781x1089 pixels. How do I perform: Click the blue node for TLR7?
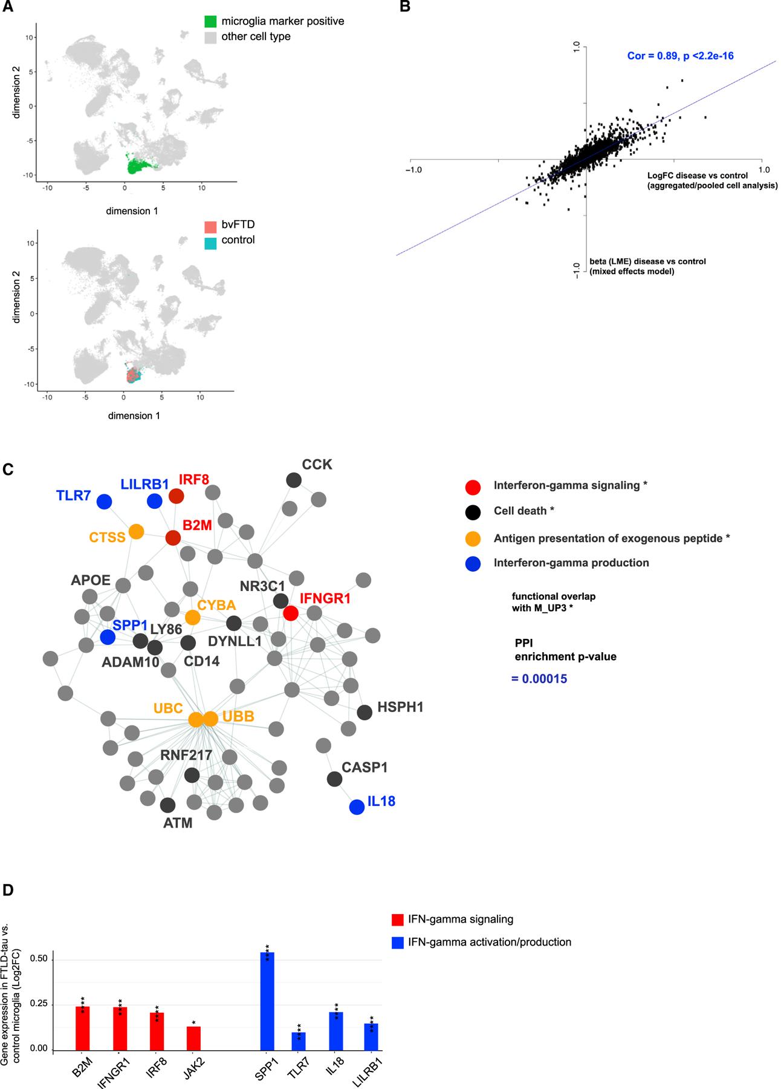tap(104, 502)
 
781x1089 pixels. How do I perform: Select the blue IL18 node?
tap(357, 806)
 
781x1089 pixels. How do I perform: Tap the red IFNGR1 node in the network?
tap(290, 613)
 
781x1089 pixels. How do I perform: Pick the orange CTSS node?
tap(137, 532)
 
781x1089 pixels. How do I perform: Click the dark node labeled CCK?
tap(294, 480)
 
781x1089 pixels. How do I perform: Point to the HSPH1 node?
tap(365, 712)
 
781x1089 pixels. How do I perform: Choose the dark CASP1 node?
tap(334, 779)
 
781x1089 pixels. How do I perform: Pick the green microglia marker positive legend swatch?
tap(210, 22)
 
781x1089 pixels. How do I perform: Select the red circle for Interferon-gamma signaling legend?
tap(473, 486)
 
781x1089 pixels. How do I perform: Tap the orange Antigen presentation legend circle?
tap(473, 538)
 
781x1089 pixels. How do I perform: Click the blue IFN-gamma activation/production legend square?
tap(397, 942)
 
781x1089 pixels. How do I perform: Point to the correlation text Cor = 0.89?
tap(680, 56)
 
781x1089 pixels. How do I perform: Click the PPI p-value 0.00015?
tap(539, 679)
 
